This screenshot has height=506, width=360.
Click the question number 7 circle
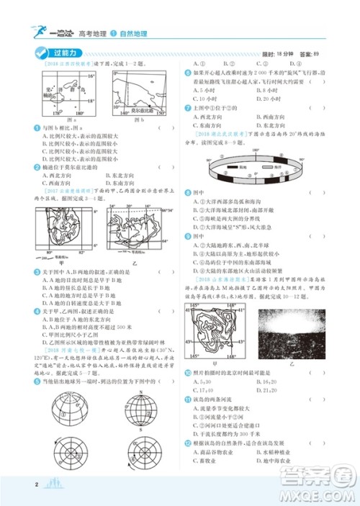coord(187,107)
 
